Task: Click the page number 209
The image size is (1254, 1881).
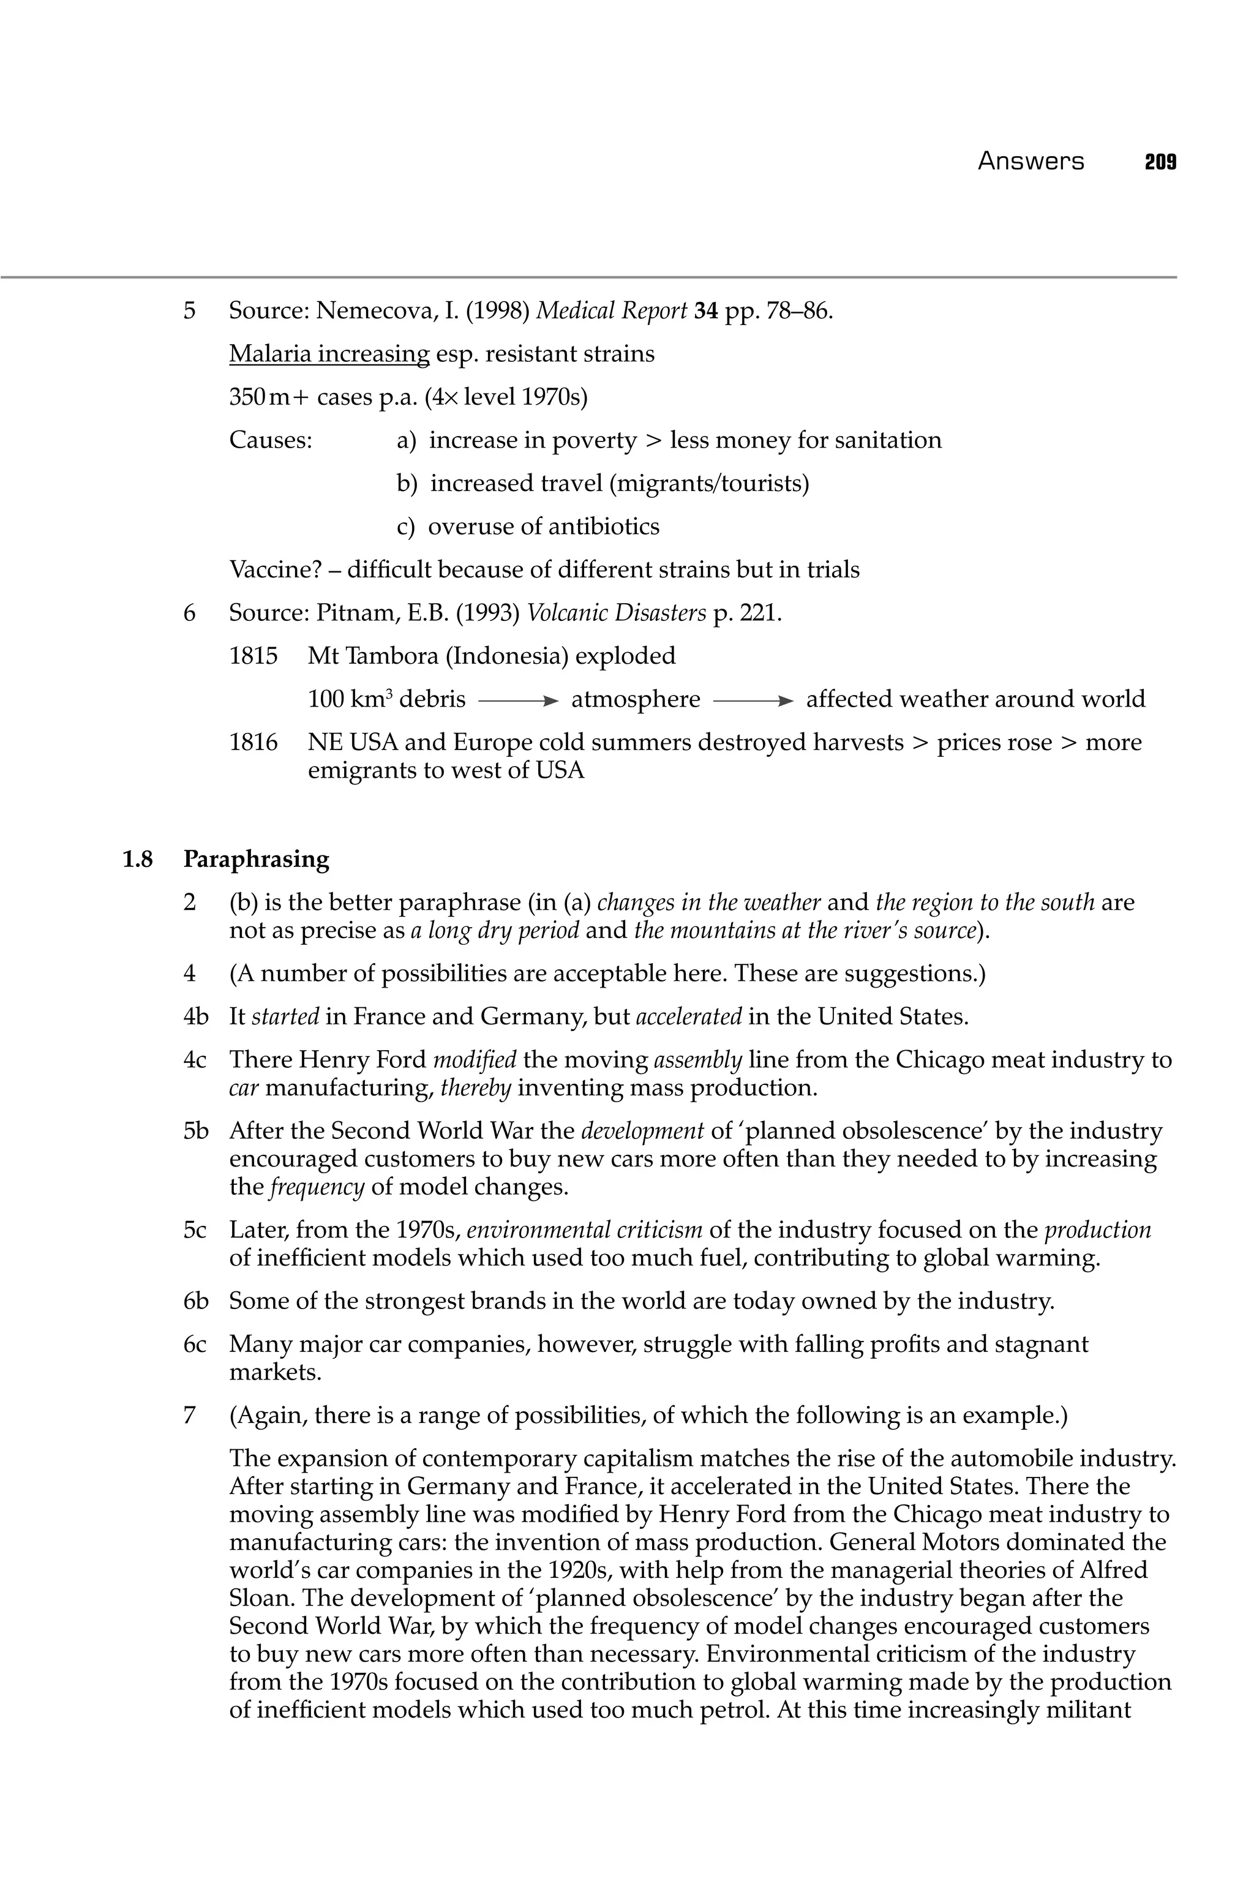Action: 1160,162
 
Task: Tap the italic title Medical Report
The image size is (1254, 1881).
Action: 611,310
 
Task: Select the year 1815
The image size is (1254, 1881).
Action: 253,656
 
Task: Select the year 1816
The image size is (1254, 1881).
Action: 253,743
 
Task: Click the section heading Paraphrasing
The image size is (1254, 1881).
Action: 256,860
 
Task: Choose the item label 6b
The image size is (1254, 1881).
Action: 195,1301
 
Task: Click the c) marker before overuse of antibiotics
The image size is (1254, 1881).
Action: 407,527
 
